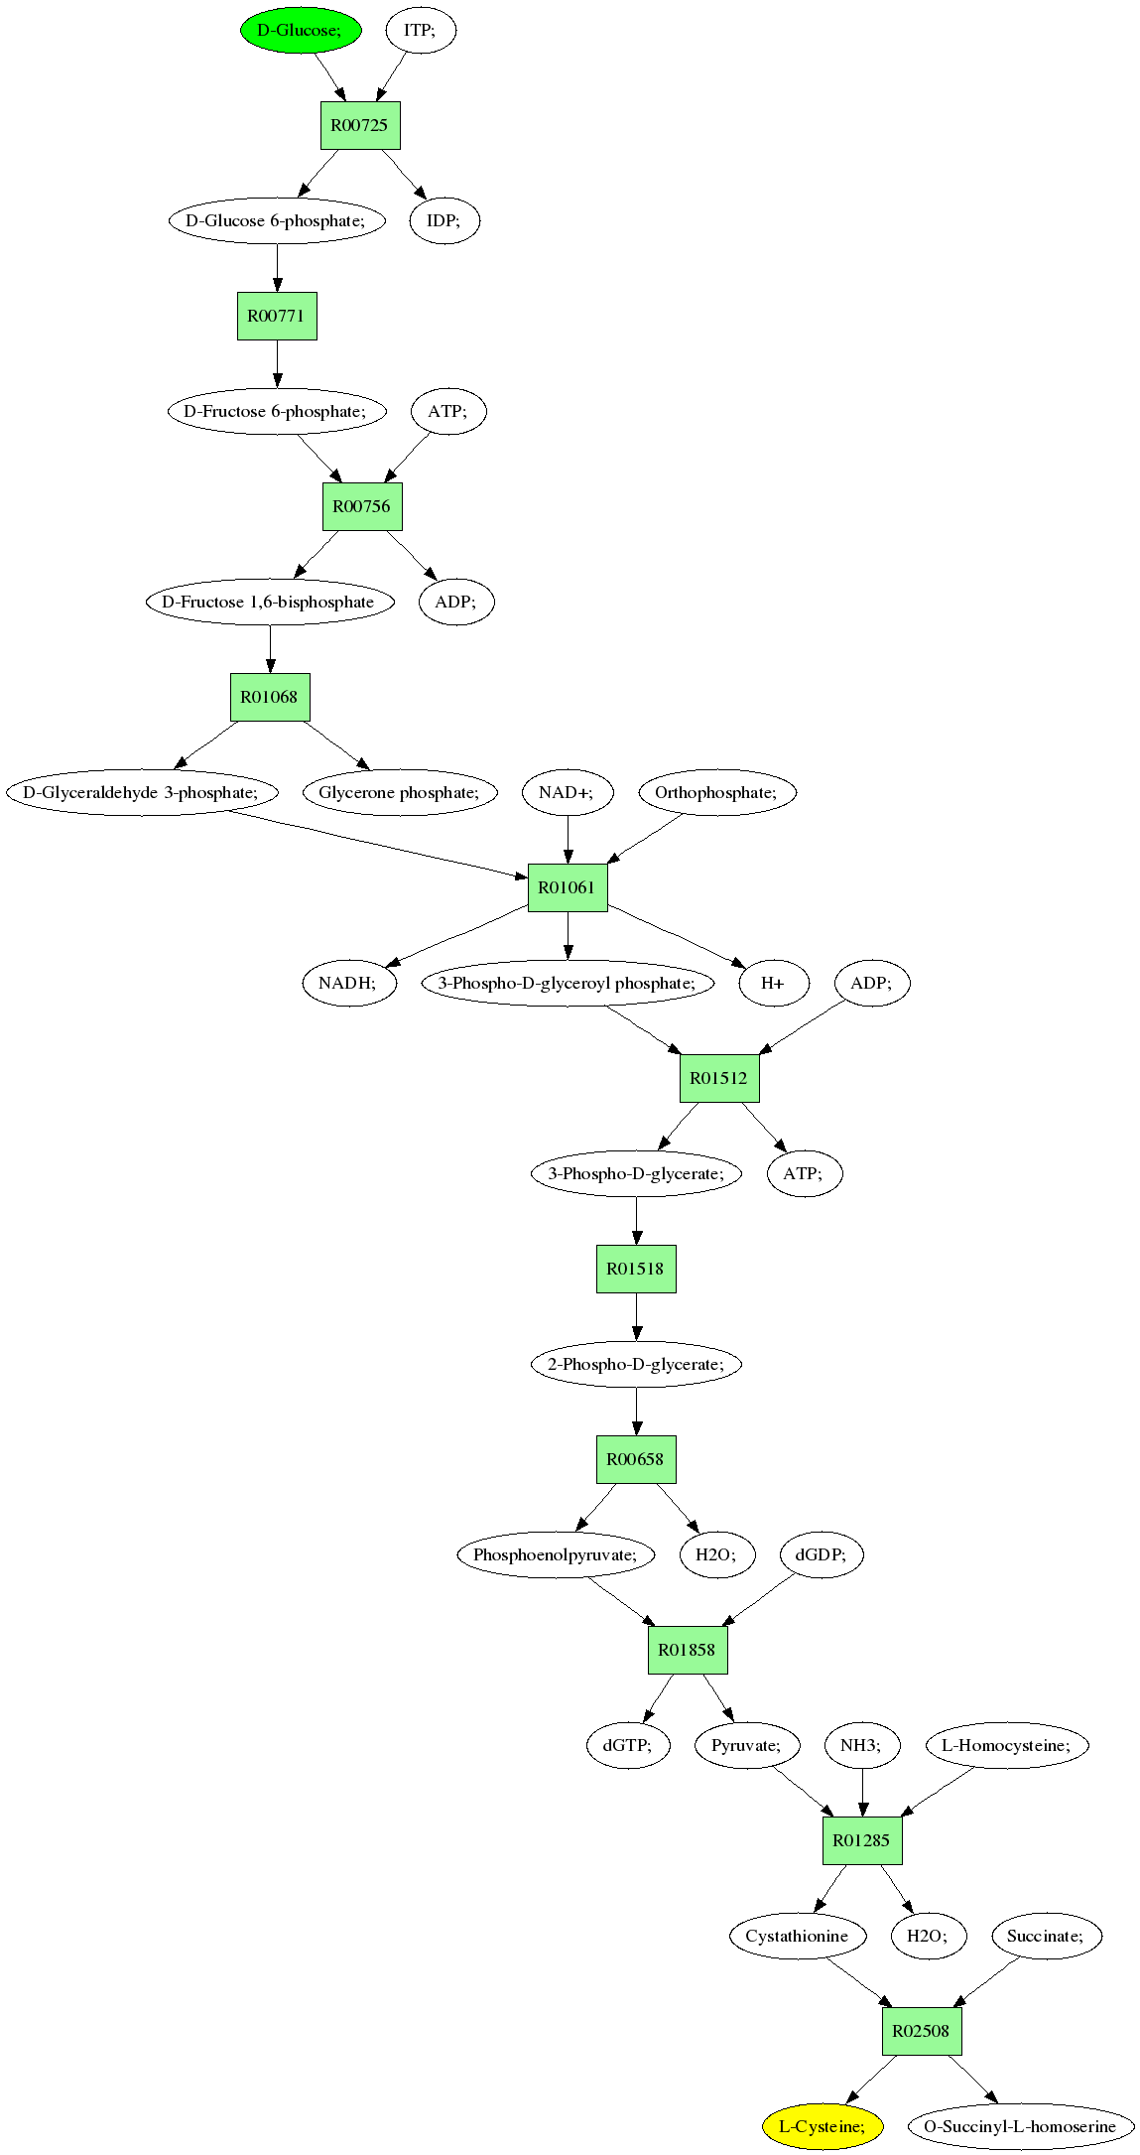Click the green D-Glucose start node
[x=301, y=30]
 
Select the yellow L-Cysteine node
[x=823, y=2126]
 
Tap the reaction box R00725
[x=360, y=125]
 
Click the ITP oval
[x=421, y=30]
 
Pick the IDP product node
[x=444, y=220]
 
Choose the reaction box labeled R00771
[x=277, y=316]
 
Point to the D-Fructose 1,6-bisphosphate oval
[x=270, y=602]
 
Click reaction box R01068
[x=270, y=697]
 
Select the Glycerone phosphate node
[x=400, y=792]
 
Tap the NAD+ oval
[x=568, y=792]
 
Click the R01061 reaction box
[x=568, y=887]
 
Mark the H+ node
[x=774, y=983]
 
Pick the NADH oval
[x=349, y=983]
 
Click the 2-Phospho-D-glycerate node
[x=636, y=1364]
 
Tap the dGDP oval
[x=822, y=1554]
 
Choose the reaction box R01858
[x=688, y=1650]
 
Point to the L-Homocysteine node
[x=1007, y=1745]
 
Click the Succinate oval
[x=1047, y=1936]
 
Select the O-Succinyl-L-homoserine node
[x=1021, y=2126]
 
